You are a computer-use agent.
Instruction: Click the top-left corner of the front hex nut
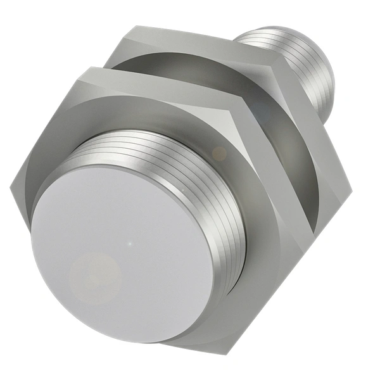(x=79, y=74)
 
